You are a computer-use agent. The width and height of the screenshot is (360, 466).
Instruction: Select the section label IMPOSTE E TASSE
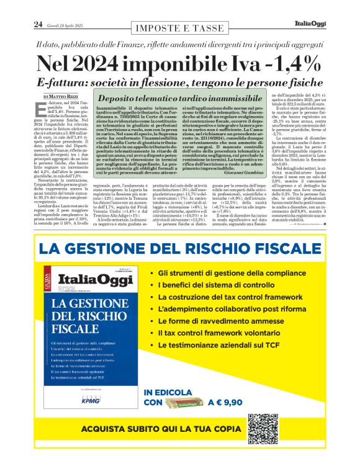[x=179, y=29]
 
